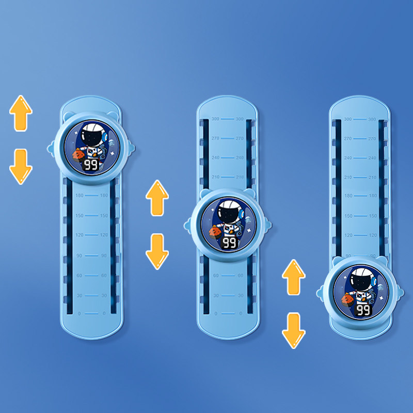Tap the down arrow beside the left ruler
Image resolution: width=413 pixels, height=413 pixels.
click(21, 166)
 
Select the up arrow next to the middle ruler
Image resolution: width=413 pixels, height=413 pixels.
click(157, 198)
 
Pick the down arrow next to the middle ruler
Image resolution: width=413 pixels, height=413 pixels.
click(157, 251)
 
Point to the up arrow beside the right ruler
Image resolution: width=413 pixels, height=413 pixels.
click(293, 277)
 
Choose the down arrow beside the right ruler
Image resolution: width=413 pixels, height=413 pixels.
click(293, 330)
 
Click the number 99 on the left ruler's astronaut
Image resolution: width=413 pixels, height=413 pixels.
click(91, 165)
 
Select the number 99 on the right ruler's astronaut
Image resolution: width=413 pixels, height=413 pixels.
click(363, 310)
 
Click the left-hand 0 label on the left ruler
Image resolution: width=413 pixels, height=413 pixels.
click(79, 313)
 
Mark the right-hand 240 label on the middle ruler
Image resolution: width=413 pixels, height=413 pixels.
click(240, 157)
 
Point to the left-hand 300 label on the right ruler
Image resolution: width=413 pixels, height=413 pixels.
click(348, 119)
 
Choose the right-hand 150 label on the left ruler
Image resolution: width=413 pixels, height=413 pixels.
click(104, 215)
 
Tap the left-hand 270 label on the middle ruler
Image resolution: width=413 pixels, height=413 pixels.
click(216, 138)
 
